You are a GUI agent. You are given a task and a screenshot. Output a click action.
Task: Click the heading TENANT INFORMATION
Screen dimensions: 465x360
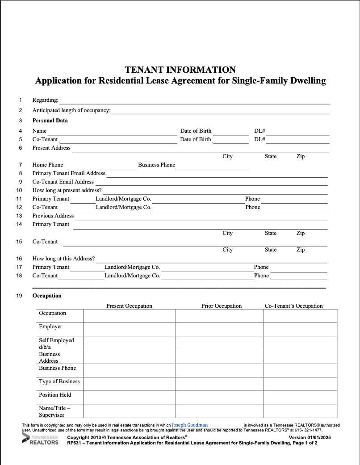[180, 70]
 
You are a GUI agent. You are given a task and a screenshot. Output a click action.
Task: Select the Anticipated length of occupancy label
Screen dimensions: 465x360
[71, 110]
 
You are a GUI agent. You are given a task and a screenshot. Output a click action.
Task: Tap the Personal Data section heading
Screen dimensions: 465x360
[50, 121]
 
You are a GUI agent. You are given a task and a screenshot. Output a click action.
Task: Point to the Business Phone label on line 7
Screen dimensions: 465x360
[156, 165]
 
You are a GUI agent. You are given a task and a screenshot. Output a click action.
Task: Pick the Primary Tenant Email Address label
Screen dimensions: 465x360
[69, 173]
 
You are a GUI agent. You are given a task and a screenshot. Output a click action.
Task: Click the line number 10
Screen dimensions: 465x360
[19, 190]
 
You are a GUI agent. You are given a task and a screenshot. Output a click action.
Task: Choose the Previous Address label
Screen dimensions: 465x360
[53, 216]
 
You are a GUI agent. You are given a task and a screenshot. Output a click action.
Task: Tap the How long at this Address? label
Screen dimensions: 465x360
[63, 259]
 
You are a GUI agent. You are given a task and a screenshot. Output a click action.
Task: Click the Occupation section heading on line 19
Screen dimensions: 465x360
[47, 296]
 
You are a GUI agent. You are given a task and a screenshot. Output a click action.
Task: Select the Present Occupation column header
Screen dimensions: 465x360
[129, 306]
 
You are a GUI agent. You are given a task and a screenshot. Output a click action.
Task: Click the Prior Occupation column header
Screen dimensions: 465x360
[221, 306]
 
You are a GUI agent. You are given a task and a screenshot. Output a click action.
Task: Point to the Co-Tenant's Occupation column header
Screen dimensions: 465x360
[293, 306]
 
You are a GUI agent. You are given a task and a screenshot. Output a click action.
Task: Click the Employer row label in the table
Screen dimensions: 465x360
[50, 327]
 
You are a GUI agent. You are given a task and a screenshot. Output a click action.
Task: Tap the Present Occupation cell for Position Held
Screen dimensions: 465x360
[129, 398]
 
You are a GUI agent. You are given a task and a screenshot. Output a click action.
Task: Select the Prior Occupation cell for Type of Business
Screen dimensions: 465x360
[219, 384]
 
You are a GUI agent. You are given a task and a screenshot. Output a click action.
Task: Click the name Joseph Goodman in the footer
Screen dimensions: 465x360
[189, 425]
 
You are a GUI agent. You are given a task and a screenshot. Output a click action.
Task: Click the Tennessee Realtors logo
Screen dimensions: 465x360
[41, 439]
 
